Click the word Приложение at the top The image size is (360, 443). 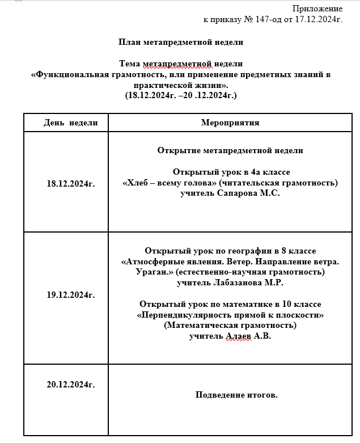[317, 9]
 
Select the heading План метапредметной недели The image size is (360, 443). [181, 42]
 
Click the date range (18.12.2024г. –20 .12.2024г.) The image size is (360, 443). [181, 95]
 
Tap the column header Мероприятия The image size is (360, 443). [230, 123]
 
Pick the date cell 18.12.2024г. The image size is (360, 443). [71, 183]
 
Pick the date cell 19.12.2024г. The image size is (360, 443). [71, 294]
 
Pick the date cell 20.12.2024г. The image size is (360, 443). [71, 384]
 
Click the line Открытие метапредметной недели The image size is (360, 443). [230, 150]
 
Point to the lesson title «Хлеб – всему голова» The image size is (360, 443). [170, 183]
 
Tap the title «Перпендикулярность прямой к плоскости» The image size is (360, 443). [230, 314]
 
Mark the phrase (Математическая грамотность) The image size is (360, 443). [230, 325]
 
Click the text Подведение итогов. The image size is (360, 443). [236, 395]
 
